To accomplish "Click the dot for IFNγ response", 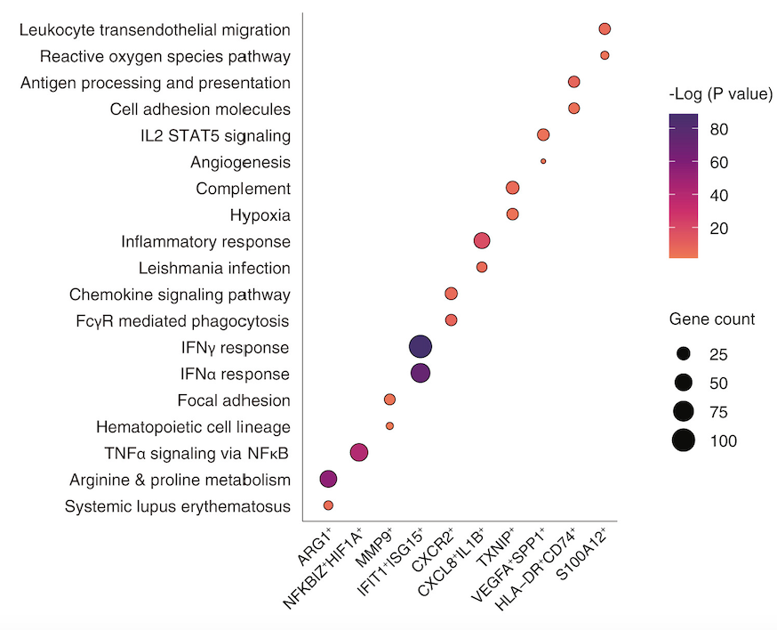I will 421,347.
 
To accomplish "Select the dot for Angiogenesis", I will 543,161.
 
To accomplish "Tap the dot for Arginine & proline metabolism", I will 328,479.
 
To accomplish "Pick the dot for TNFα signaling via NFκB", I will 359,453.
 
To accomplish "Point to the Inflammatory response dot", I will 482,240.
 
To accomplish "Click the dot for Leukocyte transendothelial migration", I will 605,29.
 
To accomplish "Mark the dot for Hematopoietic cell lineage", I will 389,426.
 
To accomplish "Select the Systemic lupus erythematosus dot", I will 328,505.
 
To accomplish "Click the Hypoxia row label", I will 260,215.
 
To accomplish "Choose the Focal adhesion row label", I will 234,400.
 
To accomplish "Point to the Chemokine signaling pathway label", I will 180,295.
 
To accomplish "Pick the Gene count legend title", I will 712,319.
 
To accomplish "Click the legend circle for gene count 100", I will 683,440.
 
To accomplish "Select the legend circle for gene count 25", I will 683,354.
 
